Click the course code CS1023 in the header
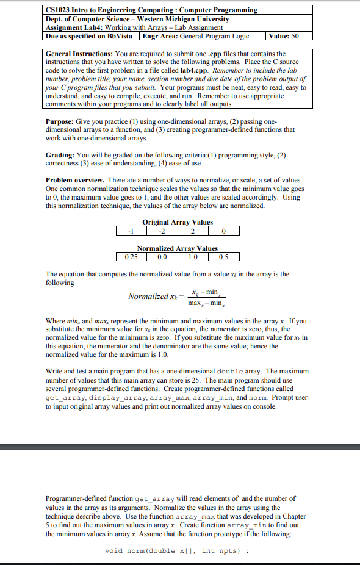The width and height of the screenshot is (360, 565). [x=60, y=10]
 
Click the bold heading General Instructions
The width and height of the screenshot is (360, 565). [x=76, y=54]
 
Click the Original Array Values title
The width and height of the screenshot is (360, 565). [x=178, y=222]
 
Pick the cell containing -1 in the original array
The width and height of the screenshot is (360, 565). [x=129, y=231]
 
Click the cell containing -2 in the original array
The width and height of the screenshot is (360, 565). [x=161, y=231]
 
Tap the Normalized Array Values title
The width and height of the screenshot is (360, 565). [x=178, y=248]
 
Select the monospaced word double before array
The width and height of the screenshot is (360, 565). [x=231, y=371]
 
